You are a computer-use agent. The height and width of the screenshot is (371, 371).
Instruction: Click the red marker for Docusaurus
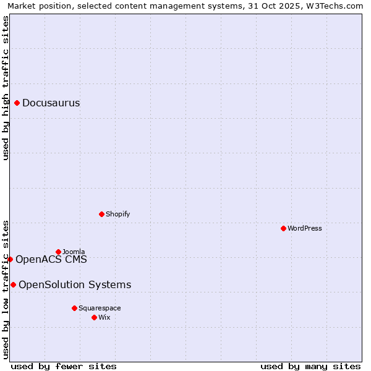[x=17, y=103]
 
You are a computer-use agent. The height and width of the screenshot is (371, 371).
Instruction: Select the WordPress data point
[x=283, y=228]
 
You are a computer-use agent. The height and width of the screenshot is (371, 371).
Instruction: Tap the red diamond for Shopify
[x=101, y=214]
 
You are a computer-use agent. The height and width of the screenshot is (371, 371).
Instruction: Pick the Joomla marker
[x=59, y=252]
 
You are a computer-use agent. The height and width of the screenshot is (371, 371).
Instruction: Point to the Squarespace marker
[x=74, y=308]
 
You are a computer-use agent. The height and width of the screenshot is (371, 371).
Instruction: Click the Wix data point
[x=94, y=317]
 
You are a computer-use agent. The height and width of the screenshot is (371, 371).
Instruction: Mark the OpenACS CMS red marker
[x=10, y=259]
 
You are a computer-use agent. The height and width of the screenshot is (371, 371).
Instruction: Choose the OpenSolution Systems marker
[x=13, y=284]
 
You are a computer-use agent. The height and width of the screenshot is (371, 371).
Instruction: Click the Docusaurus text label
[x=51, y=103]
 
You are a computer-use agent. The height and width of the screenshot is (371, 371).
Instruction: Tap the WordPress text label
[x=304, y=228]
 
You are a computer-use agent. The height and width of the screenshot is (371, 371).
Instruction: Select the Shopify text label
[x=117, y=214]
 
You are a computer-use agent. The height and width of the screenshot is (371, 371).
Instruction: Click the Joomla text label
[x=74, y=252]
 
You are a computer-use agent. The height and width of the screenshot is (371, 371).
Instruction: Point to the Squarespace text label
[x=100, y=308]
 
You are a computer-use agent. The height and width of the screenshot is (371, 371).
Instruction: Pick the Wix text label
[x=104, y=317]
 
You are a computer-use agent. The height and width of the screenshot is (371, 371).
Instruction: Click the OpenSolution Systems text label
[x=75, y=284]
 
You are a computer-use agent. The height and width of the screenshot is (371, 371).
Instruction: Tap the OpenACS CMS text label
[x=51, y=259]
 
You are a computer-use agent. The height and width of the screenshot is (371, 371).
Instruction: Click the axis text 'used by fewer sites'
[x=64, y=366]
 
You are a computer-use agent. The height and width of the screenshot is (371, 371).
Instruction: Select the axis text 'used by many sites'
[x=310, y=366]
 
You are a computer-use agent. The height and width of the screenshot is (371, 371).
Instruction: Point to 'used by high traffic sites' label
[x=6, y=88]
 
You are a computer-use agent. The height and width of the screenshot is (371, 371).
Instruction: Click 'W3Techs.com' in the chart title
[x=335, y=6]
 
